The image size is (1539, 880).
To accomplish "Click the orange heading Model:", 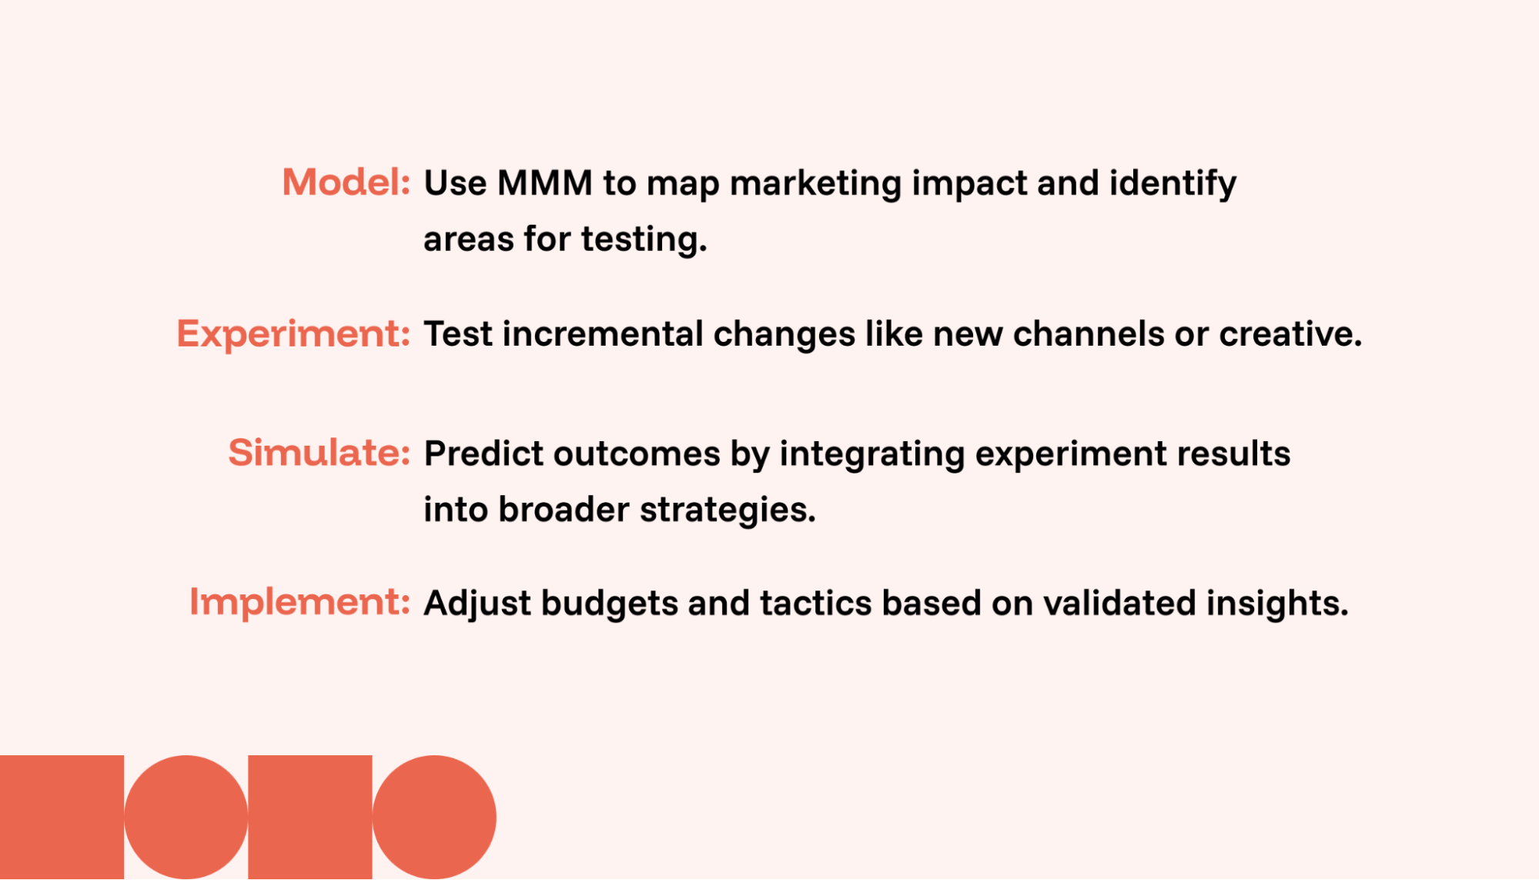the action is (x=346, y=182).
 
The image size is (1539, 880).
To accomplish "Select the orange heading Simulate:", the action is (x=319, y=453).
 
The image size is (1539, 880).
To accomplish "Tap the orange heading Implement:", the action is (x=299, y=602).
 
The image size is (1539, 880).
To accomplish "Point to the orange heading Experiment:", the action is (x=293, y=334).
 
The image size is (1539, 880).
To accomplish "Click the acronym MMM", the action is (x=545, y=183).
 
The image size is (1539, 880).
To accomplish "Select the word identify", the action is (x=1173, y=185).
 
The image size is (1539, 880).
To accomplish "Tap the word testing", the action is (x=644, y=240).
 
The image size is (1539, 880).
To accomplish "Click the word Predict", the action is (x=483, y=453).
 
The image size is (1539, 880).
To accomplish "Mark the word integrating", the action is (x=872, y=455).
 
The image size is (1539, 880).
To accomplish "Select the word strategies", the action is (x=728, y=510).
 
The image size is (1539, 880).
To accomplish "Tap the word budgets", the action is (x=610, y=604).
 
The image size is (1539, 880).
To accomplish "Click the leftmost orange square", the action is (x=62, y=818).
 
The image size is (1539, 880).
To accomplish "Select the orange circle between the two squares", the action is (x=186, y=818).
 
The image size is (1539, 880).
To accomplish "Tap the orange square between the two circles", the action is (x=310, y=818).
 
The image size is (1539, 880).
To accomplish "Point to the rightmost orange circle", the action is (x=434, y=818).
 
